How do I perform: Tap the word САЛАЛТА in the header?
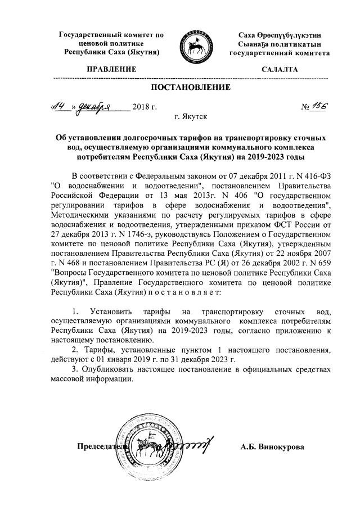(280, 69)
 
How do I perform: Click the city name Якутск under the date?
(196, 118)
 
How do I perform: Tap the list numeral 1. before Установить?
(76, 311)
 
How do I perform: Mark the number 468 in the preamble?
(83, 264)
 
